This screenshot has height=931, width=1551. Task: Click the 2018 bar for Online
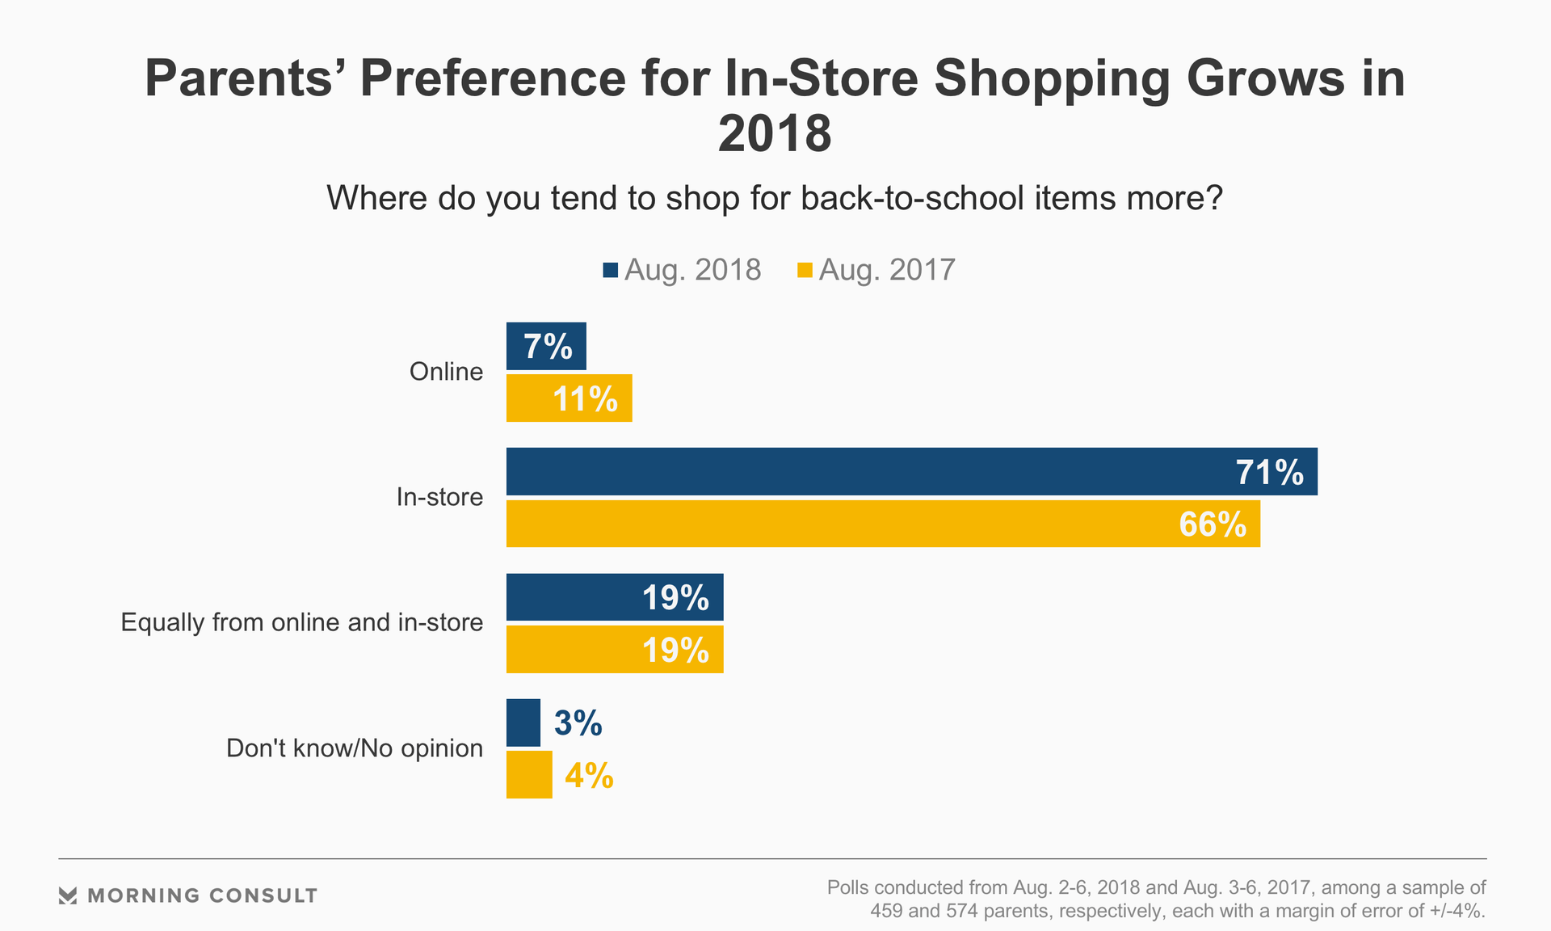click(x=546, y=347)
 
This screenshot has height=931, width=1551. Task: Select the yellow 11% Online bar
click(x=569, y=398)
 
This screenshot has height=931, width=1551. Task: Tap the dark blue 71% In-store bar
click(x=911, y=472)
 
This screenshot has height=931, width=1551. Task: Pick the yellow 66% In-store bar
click(x=883, y=524)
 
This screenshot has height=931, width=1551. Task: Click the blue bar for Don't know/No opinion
click(x=523, y=722)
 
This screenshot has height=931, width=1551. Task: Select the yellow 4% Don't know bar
click(x=529, y=775)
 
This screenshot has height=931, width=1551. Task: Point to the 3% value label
click(x=578, y=723)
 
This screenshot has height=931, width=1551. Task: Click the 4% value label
click(x=589, y=776)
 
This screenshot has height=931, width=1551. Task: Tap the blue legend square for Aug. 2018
click(x=610, y=270)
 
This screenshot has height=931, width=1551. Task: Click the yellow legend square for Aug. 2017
click(x=805, y=270)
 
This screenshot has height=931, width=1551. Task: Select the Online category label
click(x=446, y=372)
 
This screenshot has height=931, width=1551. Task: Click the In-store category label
click(x=439, y=497)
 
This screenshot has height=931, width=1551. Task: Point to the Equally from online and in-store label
click(x=302, y=622)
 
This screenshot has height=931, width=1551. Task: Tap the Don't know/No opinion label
click(x=355, y=748)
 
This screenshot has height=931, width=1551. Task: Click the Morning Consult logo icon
click(x=68, y=895)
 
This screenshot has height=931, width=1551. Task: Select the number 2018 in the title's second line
click(x=775, y=134)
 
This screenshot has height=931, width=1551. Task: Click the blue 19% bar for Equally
click(x=615, y=597)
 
